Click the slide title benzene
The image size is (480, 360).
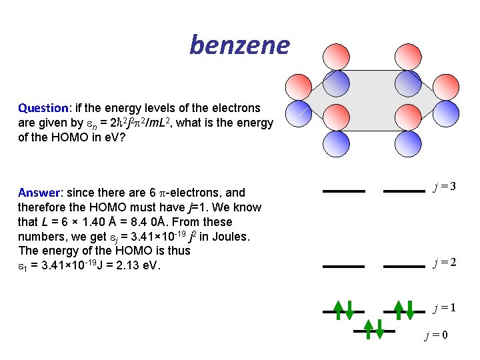tap(239, 45)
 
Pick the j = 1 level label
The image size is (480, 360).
tap(443, 308)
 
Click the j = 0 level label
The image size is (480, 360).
tap(436, 335)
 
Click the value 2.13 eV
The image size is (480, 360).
tap(140, 266)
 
